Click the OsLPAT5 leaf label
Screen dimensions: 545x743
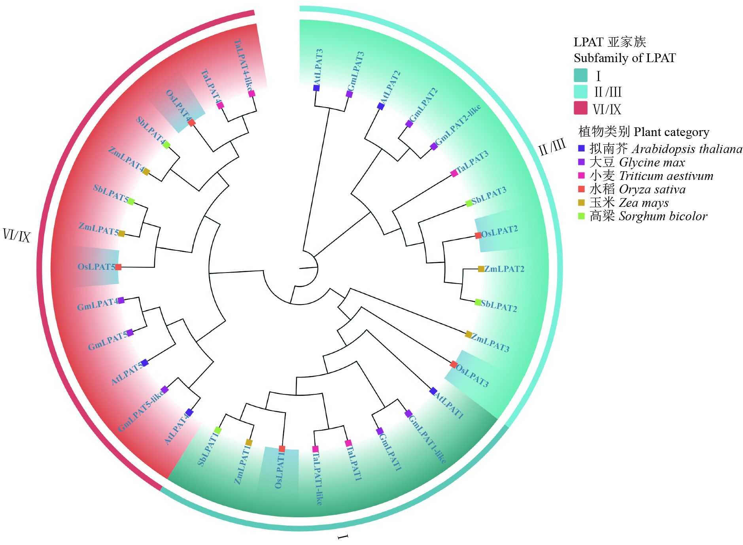tap(96, 267)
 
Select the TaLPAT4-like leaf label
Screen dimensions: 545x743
tap(243, 65)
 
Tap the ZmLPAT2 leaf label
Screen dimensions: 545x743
tap(504, 269)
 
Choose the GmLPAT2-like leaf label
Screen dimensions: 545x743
tap(458, 125)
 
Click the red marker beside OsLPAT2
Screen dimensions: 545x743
tap(478, 235)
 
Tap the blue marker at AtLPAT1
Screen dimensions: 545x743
tap(433, 391)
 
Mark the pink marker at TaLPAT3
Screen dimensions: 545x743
tap(454, 173)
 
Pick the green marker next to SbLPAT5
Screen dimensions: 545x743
tap(131, 202)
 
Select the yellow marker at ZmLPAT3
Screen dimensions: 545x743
tap(469, 335)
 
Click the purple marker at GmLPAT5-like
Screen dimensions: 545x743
tap(164, 390)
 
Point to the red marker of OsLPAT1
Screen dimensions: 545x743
tap(282, 449)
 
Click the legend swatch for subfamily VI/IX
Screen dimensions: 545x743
tap(580, 108)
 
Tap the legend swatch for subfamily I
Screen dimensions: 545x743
tap(580, 75)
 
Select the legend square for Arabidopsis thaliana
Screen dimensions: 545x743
tap(581, 148)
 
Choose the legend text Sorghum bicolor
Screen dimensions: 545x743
tap(663, 216)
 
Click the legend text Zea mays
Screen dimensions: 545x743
tap(643, 203)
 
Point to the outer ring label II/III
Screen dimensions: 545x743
tap(552, 147)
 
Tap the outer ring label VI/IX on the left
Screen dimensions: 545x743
tap(17, 235)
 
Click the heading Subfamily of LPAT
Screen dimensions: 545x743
tap(625, 58)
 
